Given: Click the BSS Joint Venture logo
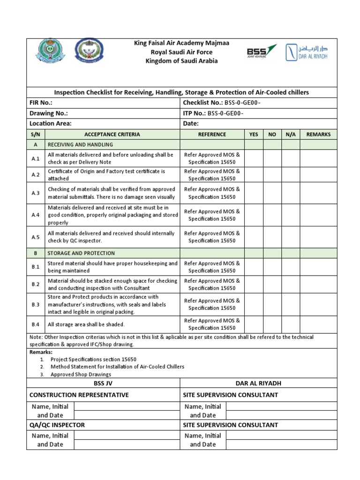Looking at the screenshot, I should click(x=262, y=52).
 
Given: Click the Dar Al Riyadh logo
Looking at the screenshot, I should click(x=307, y=52).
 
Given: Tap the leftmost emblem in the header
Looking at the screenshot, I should click(x=47, y=52).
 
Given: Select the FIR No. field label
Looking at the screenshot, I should click(x=41, y=103).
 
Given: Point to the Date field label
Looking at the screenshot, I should click(x=191, y=123).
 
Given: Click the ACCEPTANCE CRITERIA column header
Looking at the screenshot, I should click(x=112, y=135).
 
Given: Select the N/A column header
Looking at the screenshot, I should click(x=291, y=135).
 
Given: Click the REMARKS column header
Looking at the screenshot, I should click(x=318, y=135).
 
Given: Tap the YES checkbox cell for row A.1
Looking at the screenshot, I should click(x=254, y=158).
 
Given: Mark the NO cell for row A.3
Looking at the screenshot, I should click(x=272, y=193).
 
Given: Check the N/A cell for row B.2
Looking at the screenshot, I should click(x=291, y=285).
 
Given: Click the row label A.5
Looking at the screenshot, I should click(x=36, y=237).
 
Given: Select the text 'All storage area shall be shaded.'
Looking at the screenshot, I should click(x=86, y=324).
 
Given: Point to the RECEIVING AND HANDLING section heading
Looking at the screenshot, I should click(x=80, y=145).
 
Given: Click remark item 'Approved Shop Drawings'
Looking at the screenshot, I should click(x=81, y=375).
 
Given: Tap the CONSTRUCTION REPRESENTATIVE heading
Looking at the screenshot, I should click(x=79, y=395).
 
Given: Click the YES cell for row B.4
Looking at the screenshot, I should click(x=254, y=324).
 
